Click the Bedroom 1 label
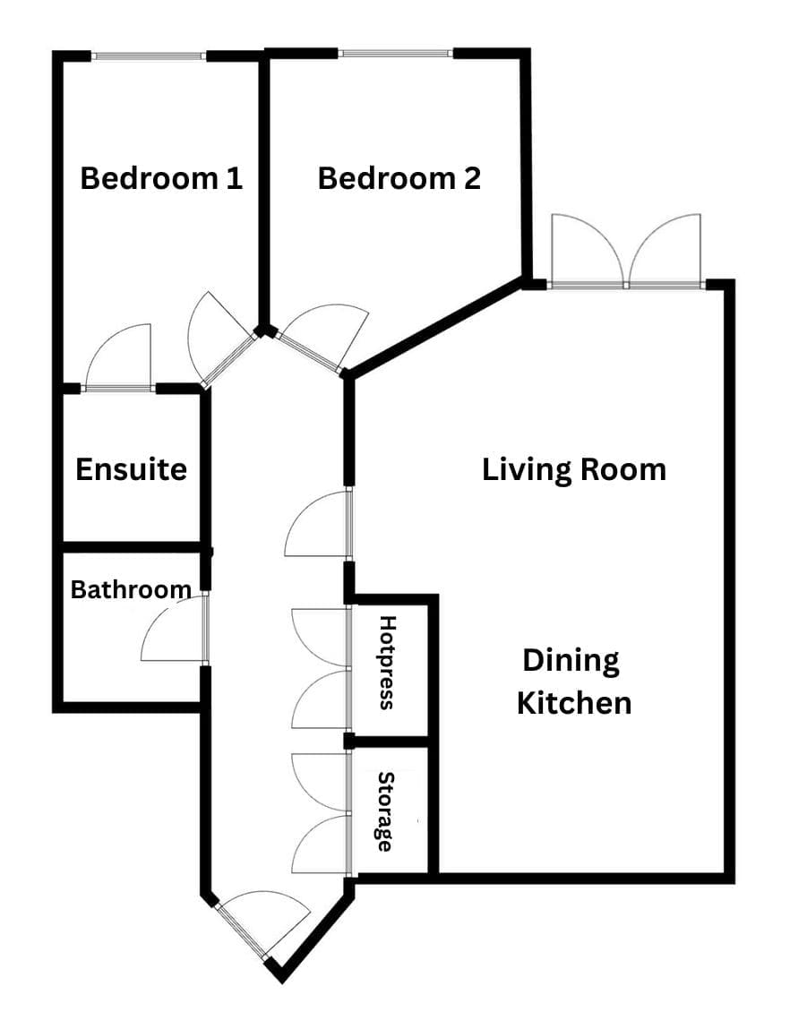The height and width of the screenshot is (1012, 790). pos(161,178)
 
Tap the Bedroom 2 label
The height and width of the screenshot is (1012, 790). pos(399,178)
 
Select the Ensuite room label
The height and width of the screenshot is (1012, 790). pos(131,469)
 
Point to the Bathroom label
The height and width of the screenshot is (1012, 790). pos(131,589)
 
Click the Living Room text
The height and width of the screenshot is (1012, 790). pos(574,469)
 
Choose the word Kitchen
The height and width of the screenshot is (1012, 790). pos(574,703)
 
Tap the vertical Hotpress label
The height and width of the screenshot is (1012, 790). pos(387,663)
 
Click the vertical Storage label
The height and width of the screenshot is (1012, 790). pos(385,811)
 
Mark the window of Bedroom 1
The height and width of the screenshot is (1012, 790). pos(150,56)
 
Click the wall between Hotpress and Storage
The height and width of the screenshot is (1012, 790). pos(387,742)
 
